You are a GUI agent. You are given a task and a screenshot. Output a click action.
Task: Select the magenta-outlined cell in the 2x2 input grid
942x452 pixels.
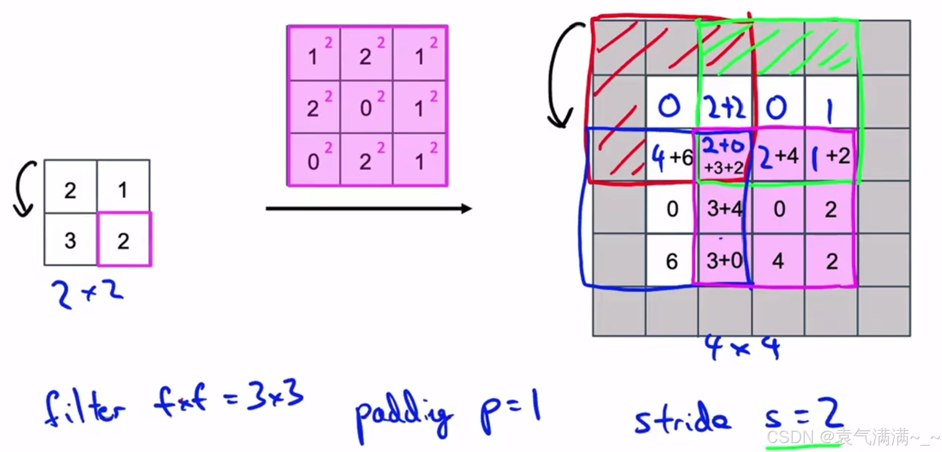tap(124, 239)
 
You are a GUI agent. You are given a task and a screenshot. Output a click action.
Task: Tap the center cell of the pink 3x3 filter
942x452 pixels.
tap(367, 107)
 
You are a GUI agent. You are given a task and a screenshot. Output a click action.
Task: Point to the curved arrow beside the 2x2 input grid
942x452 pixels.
tap(23, 189)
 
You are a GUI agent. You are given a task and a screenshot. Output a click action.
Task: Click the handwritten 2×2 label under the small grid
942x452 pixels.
tap(87, 293)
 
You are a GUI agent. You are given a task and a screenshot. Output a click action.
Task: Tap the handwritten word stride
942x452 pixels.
tap(683, 419)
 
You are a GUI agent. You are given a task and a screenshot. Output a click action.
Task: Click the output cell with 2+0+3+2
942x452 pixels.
tap(724, 156)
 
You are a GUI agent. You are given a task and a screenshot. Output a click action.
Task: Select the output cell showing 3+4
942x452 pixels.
tap(724, 209)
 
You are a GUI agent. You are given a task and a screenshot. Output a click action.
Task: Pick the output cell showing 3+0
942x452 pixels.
tap(724, 260)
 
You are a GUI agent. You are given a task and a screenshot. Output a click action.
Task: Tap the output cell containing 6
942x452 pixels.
tap(672, 261)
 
